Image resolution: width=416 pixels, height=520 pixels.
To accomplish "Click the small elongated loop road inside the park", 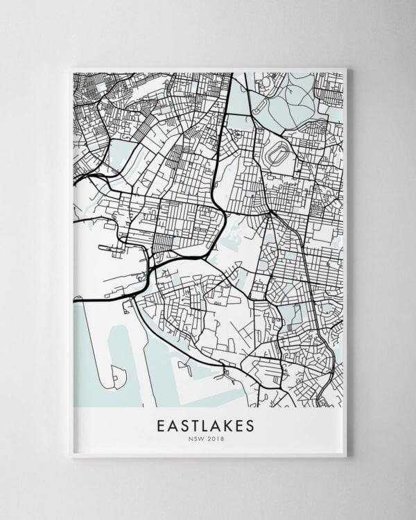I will (266, 83).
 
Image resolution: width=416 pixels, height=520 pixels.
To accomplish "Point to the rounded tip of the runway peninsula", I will (110, 381).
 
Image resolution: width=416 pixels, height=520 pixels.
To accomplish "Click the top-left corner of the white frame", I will (72, 69).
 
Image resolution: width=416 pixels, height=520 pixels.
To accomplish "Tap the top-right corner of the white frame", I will (345, 69).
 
